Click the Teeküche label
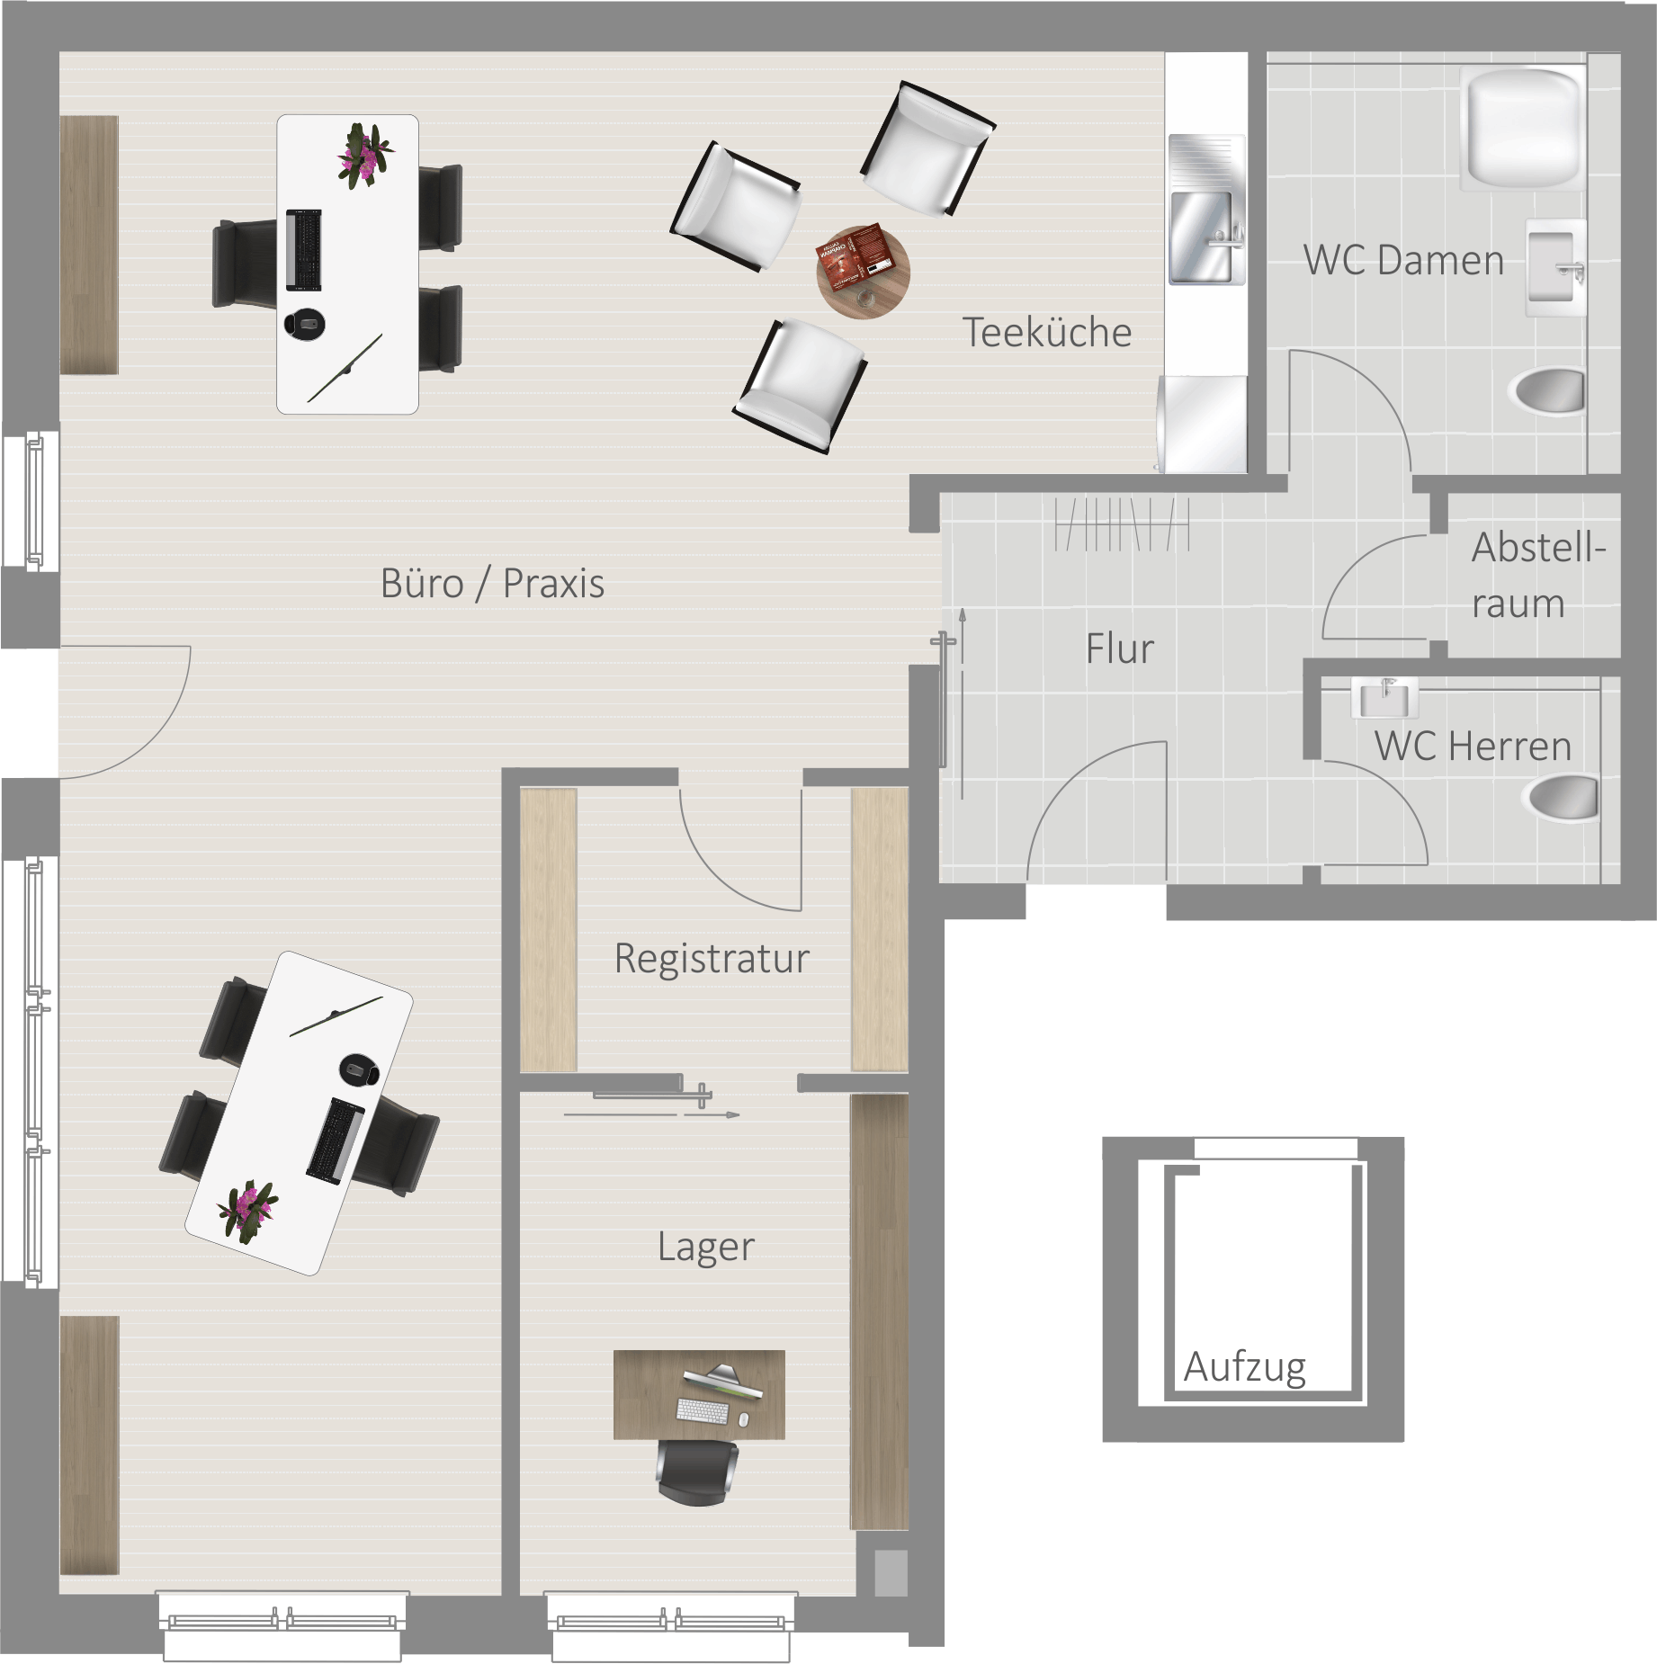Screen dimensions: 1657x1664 pos(1047,332)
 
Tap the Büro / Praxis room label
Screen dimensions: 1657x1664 pos(492,583)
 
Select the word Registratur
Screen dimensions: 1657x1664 pos(712,958)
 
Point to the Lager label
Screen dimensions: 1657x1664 pos(706,1247)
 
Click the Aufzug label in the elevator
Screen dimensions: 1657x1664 pos(1245,1367)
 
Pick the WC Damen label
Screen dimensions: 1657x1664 pos(1403,260)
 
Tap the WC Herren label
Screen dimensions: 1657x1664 pos(1473,746)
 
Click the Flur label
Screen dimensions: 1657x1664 pos(1119,649)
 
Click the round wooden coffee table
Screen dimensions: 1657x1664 pos(863,272)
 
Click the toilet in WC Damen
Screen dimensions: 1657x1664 pos(1549,390)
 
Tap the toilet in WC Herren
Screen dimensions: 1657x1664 pos(1563,798)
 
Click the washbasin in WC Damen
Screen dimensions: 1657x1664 pos(1554,267)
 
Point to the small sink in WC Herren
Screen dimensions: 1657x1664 pos(1384,698)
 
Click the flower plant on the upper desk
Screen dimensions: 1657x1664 pos(365,156)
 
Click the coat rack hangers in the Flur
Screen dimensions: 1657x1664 pos(1122,523)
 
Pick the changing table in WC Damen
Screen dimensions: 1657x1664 pos(1523,128)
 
